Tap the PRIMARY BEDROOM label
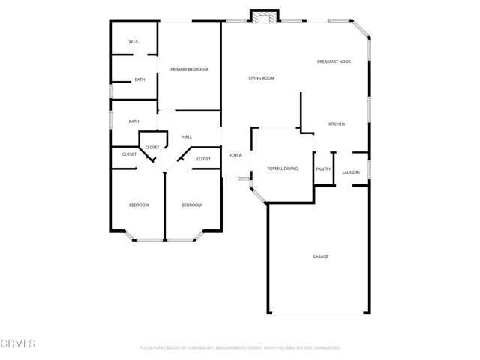click(x=189, y=69)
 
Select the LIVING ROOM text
click(x=262, y=78)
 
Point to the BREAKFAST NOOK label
click(x=334, y=61)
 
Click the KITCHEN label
click(x=337, y=124)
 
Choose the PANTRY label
click(x=323, y=169)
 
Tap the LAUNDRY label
click(x=351, y=173)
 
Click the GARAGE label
click(x=320, y=256)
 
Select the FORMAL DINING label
click(x=283, y=169)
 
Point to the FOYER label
click(x=235, y=155)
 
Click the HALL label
click(x=187, y=137)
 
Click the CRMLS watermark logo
click(x=18, y=343)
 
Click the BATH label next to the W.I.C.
click(x=139, y=79)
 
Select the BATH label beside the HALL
click(x=133, y=121)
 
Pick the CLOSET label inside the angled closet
click(x=152, y=147)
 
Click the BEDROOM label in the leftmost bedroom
click(x=139, y=205)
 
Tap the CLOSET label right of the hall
click(x=204, y=159)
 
